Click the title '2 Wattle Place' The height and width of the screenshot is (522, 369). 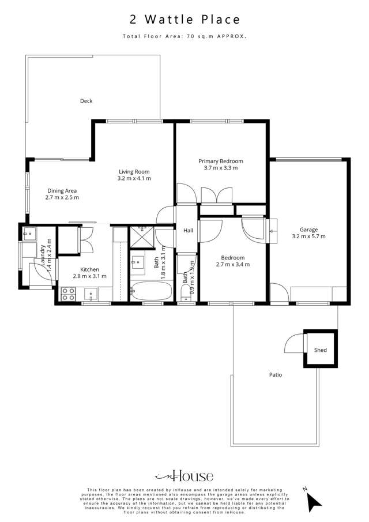coord(184,20)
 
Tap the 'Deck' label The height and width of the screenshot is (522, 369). coord(86,101)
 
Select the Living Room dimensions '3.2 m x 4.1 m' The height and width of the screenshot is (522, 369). coord(134,179)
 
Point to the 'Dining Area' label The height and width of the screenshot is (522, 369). coord(62,191)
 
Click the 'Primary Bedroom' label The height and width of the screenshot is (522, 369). coord(221,161)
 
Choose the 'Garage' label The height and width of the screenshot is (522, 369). coord(308,229)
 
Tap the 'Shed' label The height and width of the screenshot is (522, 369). coord(320,350)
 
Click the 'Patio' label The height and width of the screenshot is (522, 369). coord(275,374)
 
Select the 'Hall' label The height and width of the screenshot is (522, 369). coord(188,231)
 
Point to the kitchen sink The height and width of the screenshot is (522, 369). coord(91,295)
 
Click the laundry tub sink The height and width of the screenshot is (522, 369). coord(28,234)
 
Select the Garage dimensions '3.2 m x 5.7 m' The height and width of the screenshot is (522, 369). coord(308,236)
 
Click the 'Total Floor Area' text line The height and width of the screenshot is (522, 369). coord(184,36)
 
